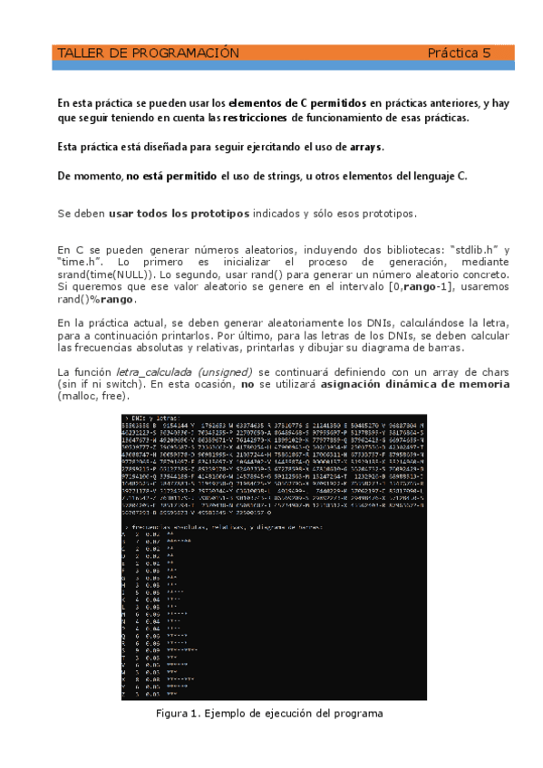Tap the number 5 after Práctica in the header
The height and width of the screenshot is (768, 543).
pos(485,53)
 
